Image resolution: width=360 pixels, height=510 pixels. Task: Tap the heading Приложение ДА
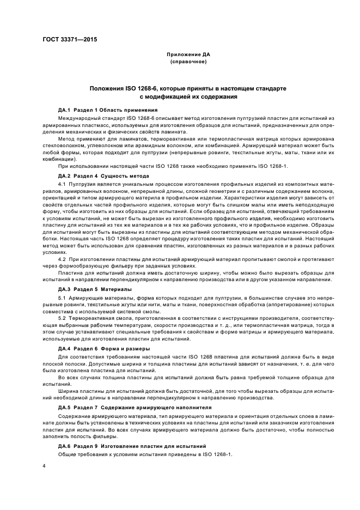(x=188, y=54)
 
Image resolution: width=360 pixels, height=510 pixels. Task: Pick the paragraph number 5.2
(x=62, y=318)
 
